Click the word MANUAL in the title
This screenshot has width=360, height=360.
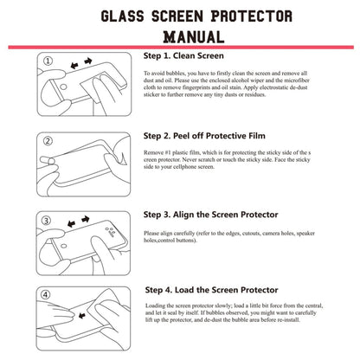point(180,37)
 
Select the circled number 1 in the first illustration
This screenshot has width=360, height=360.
point(48,62)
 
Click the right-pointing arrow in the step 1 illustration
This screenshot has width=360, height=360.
point(89,63)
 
